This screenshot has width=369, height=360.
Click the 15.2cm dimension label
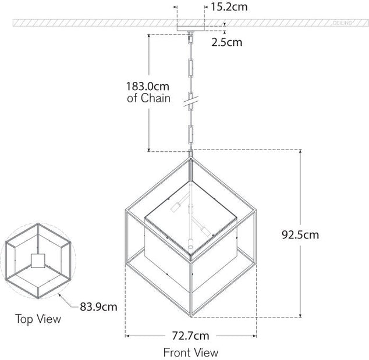[x=229, y=7]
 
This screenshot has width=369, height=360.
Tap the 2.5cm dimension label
[x=226, y=42]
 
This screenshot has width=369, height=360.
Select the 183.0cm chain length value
[x=148, y=86]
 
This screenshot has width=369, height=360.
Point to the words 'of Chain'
[x=148, y=98]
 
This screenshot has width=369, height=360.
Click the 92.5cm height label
[x=300, y=235]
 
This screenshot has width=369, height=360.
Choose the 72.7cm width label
[x=191, y=336]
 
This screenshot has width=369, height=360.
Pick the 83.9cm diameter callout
[x=98, y=306]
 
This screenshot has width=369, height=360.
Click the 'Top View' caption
[x=38, y=319]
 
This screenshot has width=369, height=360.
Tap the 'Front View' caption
[x=191, y=352]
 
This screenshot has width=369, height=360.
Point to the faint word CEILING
[x=342, y=23]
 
